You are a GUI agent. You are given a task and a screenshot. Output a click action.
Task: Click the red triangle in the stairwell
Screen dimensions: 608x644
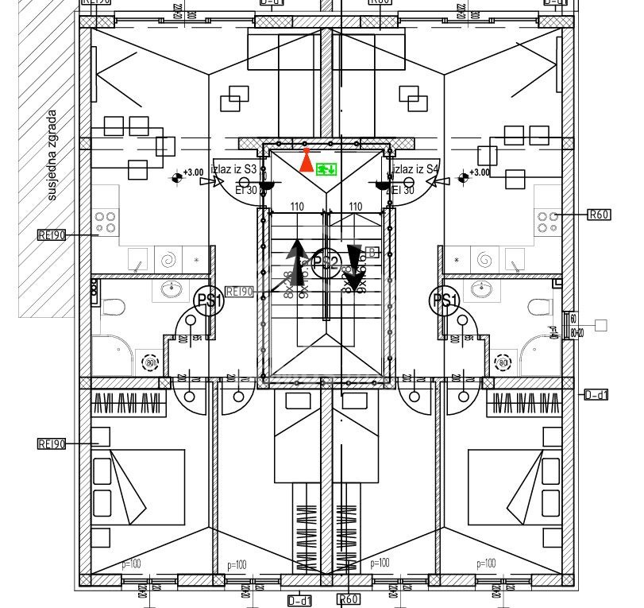307,161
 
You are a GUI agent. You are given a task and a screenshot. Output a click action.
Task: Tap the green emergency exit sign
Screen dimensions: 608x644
326,168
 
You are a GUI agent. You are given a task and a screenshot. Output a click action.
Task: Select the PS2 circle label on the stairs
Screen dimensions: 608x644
326,261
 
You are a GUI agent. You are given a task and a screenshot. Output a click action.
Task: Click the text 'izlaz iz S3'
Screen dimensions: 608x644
234,169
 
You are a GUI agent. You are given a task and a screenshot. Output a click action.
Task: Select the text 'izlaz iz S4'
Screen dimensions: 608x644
415,169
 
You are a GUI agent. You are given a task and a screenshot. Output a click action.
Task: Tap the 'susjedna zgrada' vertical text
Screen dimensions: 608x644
52,155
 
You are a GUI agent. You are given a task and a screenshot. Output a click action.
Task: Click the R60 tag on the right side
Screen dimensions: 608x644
598,215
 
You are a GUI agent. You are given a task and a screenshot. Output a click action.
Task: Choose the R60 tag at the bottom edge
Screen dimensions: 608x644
349,599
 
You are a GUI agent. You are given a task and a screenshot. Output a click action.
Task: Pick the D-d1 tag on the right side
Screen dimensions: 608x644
596,395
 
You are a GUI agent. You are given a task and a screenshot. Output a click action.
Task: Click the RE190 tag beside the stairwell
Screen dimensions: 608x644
239,292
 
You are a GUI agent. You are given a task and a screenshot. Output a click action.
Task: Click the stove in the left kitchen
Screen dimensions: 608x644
106,221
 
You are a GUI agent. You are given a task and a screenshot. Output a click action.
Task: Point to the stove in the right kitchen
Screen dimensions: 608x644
546,221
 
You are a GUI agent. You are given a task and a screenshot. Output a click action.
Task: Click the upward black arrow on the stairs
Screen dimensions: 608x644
298,262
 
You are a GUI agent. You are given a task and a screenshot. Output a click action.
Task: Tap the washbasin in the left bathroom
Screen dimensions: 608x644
171,289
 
